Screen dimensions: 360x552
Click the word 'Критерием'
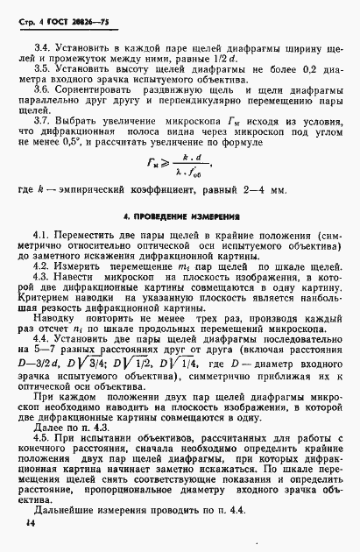click(55, 322)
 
